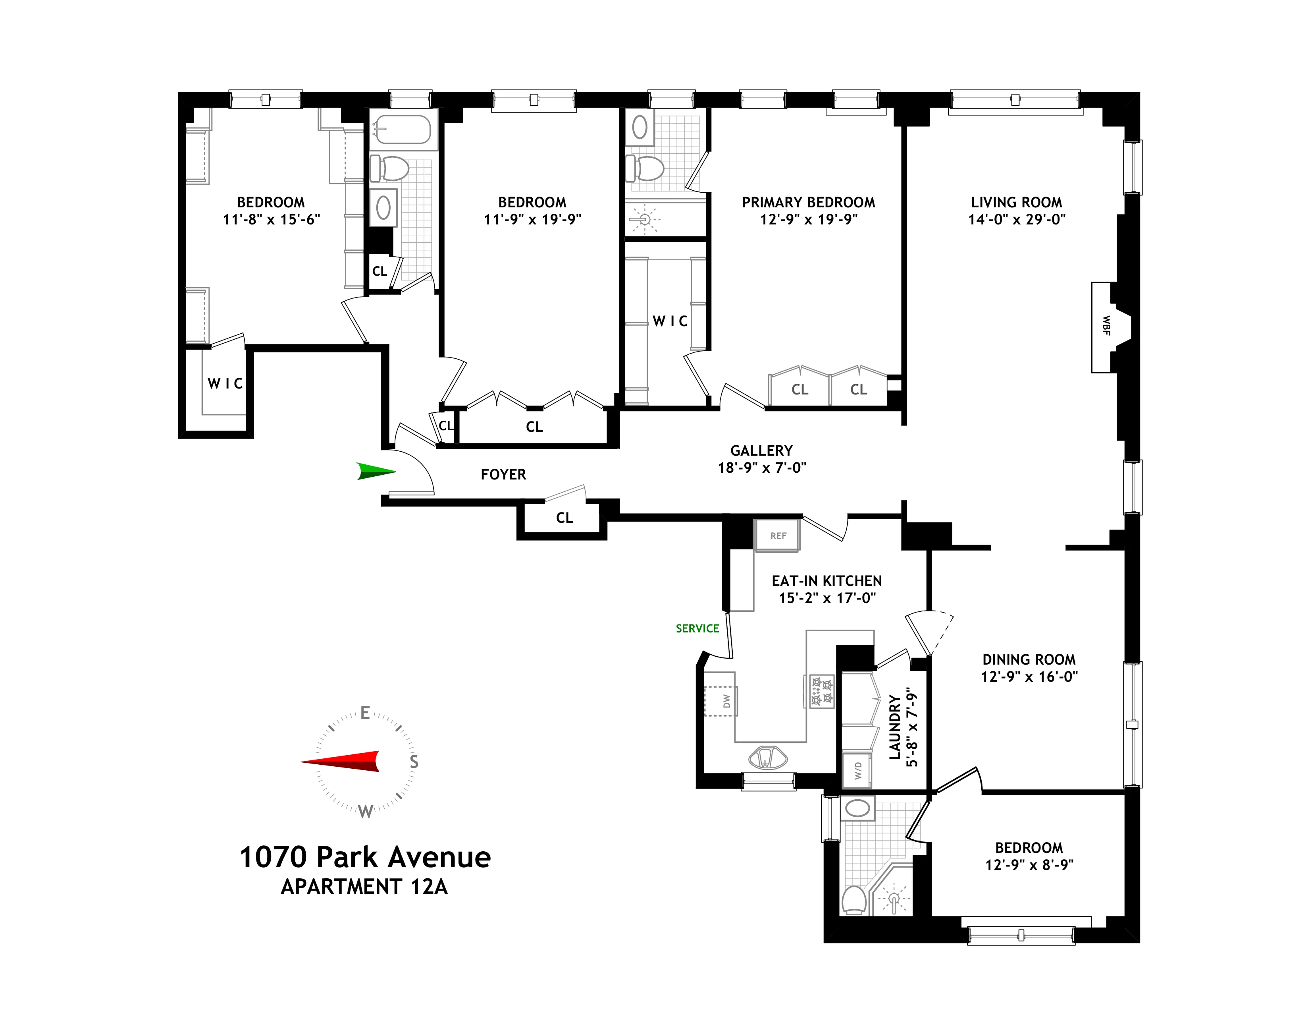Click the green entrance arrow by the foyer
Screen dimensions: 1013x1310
point(376,471)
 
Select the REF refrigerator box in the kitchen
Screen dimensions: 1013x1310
point(777,536)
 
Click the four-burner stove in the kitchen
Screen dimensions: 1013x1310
point(822,691)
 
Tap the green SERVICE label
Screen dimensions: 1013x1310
point(697,628)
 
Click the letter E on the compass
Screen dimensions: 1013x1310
point(365,713)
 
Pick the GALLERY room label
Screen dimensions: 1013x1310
point(761,451)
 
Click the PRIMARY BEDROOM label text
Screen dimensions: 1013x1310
point(808,202)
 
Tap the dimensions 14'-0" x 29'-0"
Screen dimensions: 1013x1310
point(1016,220)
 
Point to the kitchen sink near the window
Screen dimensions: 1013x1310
point(767,758)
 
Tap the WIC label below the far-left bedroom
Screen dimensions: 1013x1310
point(225,383)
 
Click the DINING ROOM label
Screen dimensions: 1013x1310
point(1029,659)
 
